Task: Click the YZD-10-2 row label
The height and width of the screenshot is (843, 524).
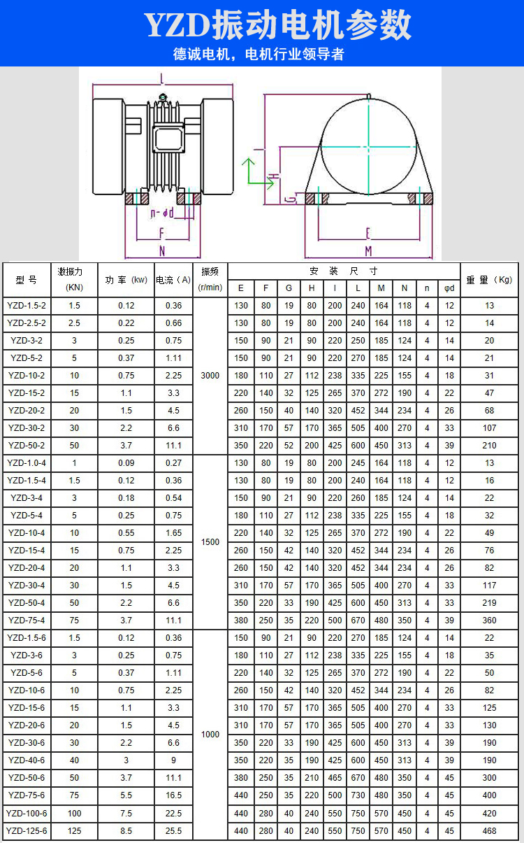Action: pyautogui.click(x=27, y=376)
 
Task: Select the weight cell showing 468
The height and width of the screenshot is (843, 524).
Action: pyautogui.click(x=489, y=830)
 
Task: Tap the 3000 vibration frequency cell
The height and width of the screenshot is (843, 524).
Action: pyautogui.click(x=210, y=376)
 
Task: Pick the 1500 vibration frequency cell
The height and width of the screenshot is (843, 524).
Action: pyautogui.click(x=210, y=542)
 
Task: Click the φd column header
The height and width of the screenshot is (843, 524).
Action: pyautogui.click(x=449, y=288)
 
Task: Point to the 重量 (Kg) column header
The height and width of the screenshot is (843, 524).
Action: pyautogui.click(x=489, y=280)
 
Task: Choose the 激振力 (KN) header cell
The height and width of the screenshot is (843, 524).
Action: pyautogui.click(x=74, y=280)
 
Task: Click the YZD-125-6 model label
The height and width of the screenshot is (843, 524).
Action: pyautogui.click(x=27, y=830)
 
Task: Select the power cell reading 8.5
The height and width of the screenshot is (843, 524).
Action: pyautogui.click(x=126, y=830)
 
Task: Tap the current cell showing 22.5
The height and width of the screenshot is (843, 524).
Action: pyautogui.click(x=173, y=814)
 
